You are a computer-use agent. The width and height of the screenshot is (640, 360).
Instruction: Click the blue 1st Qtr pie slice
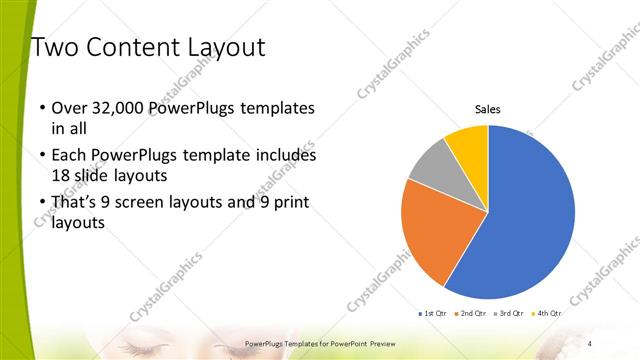point(530,215)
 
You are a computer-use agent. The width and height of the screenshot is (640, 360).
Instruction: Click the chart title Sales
point(487,110)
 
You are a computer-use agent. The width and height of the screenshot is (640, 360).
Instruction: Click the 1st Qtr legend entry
point(434,313)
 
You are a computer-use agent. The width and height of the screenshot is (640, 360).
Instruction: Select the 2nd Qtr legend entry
point(472,313)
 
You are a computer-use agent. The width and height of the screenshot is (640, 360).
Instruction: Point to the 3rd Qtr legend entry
point(509,313)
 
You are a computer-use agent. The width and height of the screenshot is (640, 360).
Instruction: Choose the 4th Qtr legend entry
point(546,313)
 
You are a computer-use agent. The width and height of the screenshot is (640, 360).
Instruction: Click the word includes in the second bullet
point(284,156)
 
